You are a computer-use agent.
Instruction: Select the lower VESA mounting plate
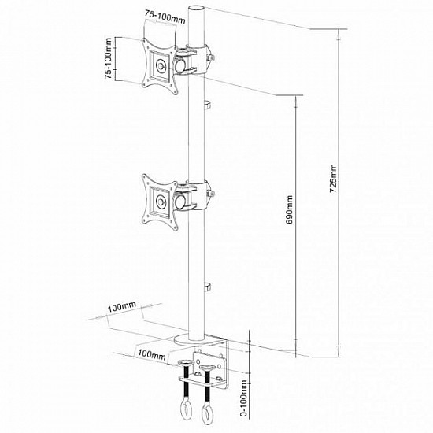[x=161, y=199]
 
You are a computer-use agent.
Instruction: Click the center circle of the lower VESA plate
[x=161, y=201]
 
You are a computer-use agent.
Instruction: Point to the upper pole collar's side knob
[x=212, y=57]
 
